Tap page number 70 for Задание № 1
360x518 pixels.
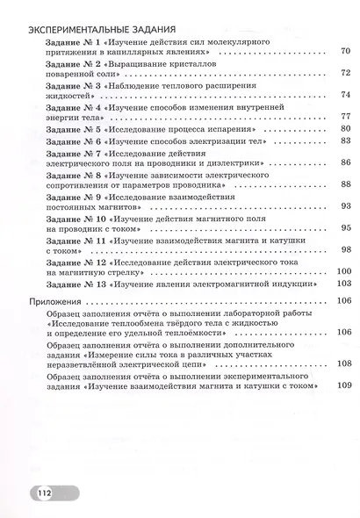(344, 53)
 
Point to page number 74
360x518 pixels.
(344, 95)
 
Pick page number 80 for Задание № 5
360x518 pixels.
(344, 129)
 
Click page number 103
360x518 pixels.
(343, 284)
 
